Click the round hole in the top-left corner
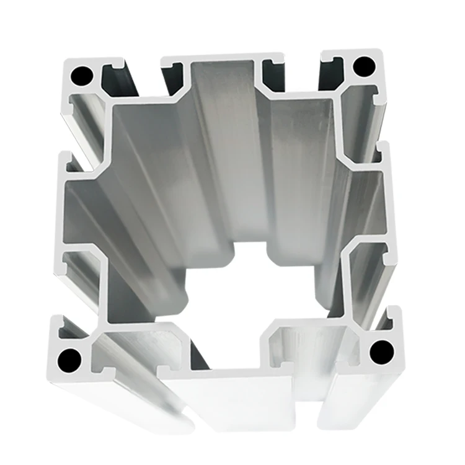81,76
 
